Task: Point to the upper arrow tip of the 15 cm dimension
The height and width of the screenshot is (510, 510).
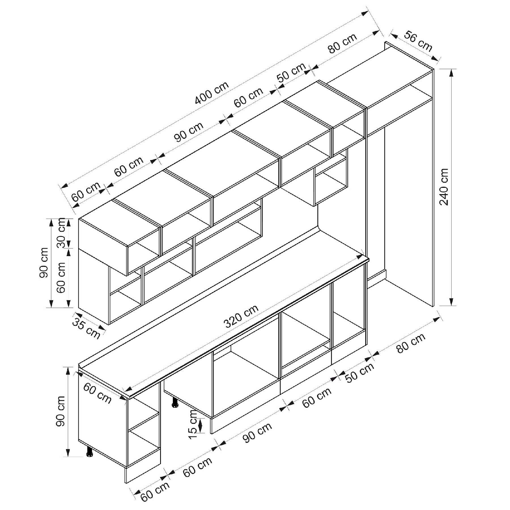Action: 201,418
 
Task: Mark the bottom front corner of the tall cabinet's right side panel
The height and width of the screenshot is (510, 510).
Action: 433,306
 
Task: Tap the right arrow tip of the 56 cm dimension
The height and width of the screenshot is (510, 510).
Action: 438,61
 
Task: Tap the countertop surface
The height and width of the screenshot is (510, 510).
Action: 224,312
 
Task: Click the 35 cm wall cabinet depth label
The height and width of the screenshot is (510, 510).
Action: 86,328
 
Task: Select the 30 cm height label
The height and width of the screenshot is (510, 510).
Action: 61,233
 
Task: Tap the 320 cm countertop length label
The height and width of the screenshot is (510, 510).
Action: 241,316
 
